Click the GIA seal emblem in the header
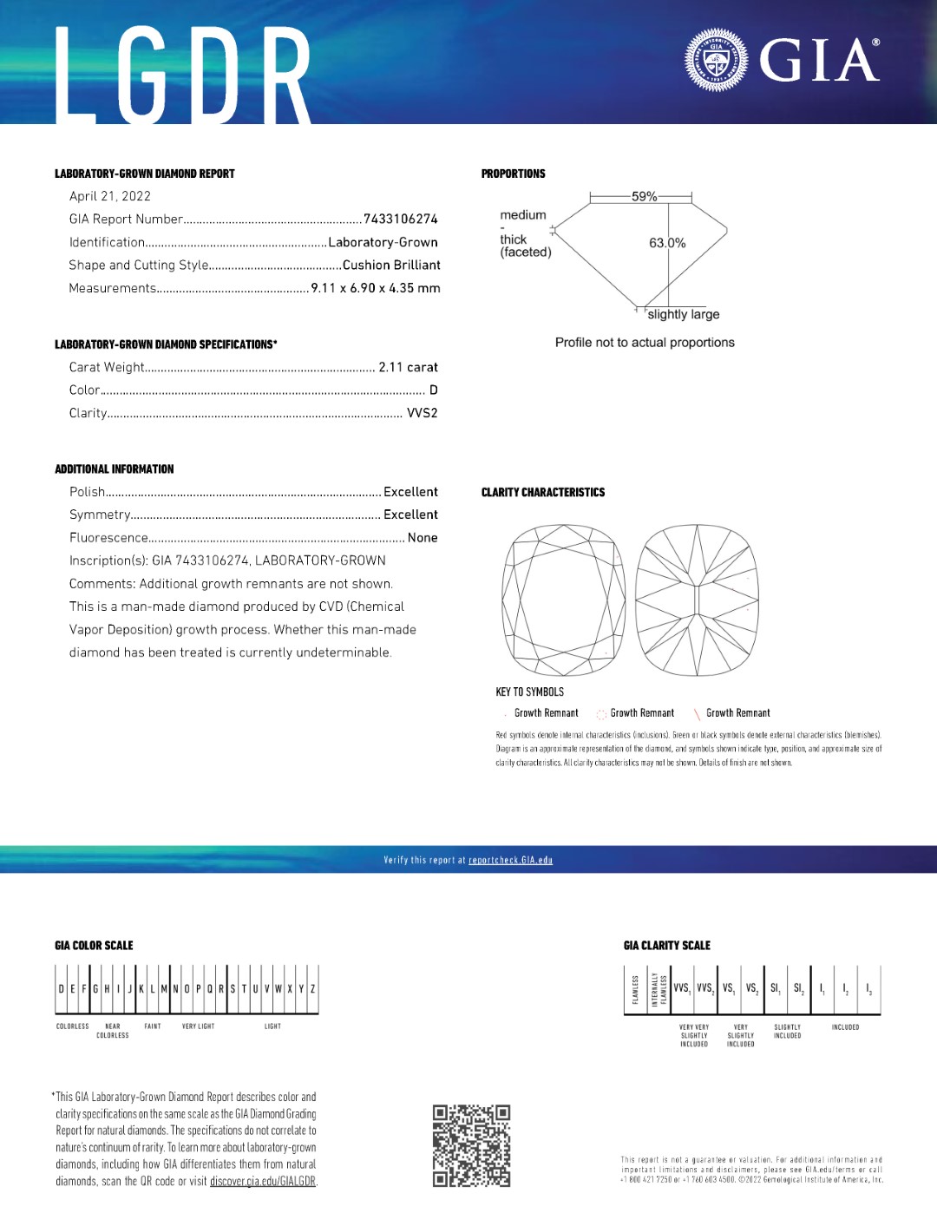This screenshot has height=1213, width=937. (716, 61)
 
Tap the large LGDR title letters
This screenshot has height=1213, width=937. (183, 75)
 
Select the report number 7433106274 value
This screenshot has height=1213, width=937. (401, 219)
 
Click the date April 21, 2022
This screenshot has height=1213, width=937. (110, 196)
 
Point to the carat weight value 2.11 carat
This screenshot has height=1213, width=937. (408, 367)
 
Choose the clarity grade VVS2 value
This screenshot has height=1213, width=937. (423, 413)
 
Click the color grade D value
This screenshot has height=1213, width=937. (434, 390)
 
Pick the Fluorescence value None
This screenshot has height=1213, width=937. (423, 538)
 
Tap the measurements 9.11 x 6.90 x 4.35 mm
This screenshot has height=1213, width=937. (375, 288)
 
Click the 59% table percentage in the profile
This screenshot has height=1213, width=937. (644, 197)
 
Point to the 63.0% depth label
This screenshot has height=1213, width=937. (667, 243)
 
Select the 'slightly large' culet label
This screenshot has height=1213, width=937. (684, 314)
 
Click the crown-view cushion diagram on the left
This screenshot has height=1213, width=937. (564, 599)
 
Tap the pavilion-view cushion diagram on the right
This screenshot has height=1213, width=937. (698, 599)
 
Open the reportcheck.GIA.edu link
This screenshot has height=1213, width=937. (510, 860)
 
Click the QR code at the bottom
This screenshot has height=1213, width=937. (471, 1145)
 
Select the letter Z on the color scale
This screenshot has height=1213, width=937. (312, 988)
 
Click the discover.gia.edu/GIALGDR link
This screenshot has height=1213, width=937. (263, 1181)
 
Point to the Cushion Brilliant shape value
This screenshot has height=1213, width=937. (391, 265)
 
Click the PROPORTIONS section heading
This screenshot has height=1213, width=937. (514, 174)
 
